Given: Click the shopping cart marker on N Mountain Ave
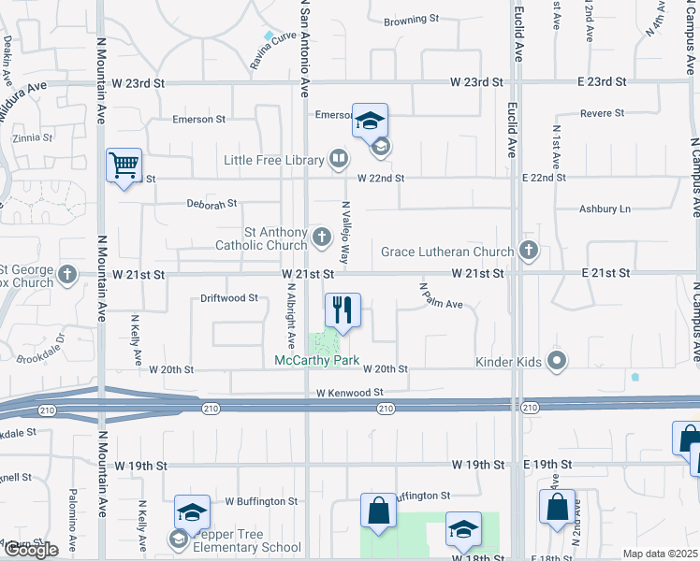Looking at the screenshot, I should [x=124, y=166].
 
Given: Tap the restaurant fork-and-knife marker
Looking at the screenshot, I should [x=343, y=310].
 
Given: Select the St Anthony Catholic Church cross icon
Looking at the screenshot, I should [x=322, y=237].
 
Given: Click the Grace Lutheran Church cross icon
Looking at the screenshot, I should [x=529, y=251].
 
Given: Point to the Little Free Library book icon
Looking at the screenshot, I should [x=338, y=160].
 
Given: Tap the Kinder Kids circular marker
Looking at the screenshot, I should [x=558, y=361].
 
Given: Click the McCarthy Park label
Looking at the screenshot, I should [x=316, y=360].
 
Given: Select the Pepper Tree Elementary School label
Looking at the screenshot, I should [x=247, y=547].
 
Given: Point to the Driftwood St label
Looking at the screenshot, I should [x=229, y=298].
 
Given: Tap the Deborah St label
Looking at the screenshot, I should [x=211, y=202].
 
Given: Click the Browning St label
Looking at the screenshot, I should [x=412, y=19].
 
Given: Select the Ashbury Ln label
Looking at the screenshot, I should [x=605, y=209].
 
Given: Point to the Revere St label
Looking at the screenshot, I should [x=602, y=113].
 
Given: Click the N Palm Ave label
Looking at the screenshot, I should [x=441, y=296].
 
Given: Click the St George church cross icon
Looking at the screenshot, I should [x=66, y=275].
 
